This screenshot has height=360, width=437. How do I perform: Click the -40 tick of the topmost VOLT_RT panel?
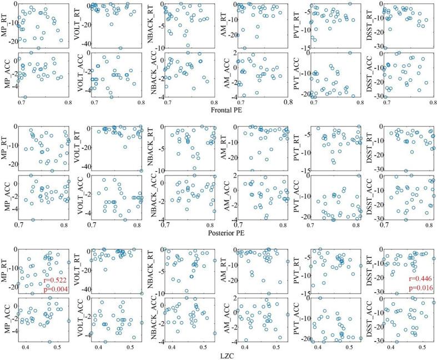87,42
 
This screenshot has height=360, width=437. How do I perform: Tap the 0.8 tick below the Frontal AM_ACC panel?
285,103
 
